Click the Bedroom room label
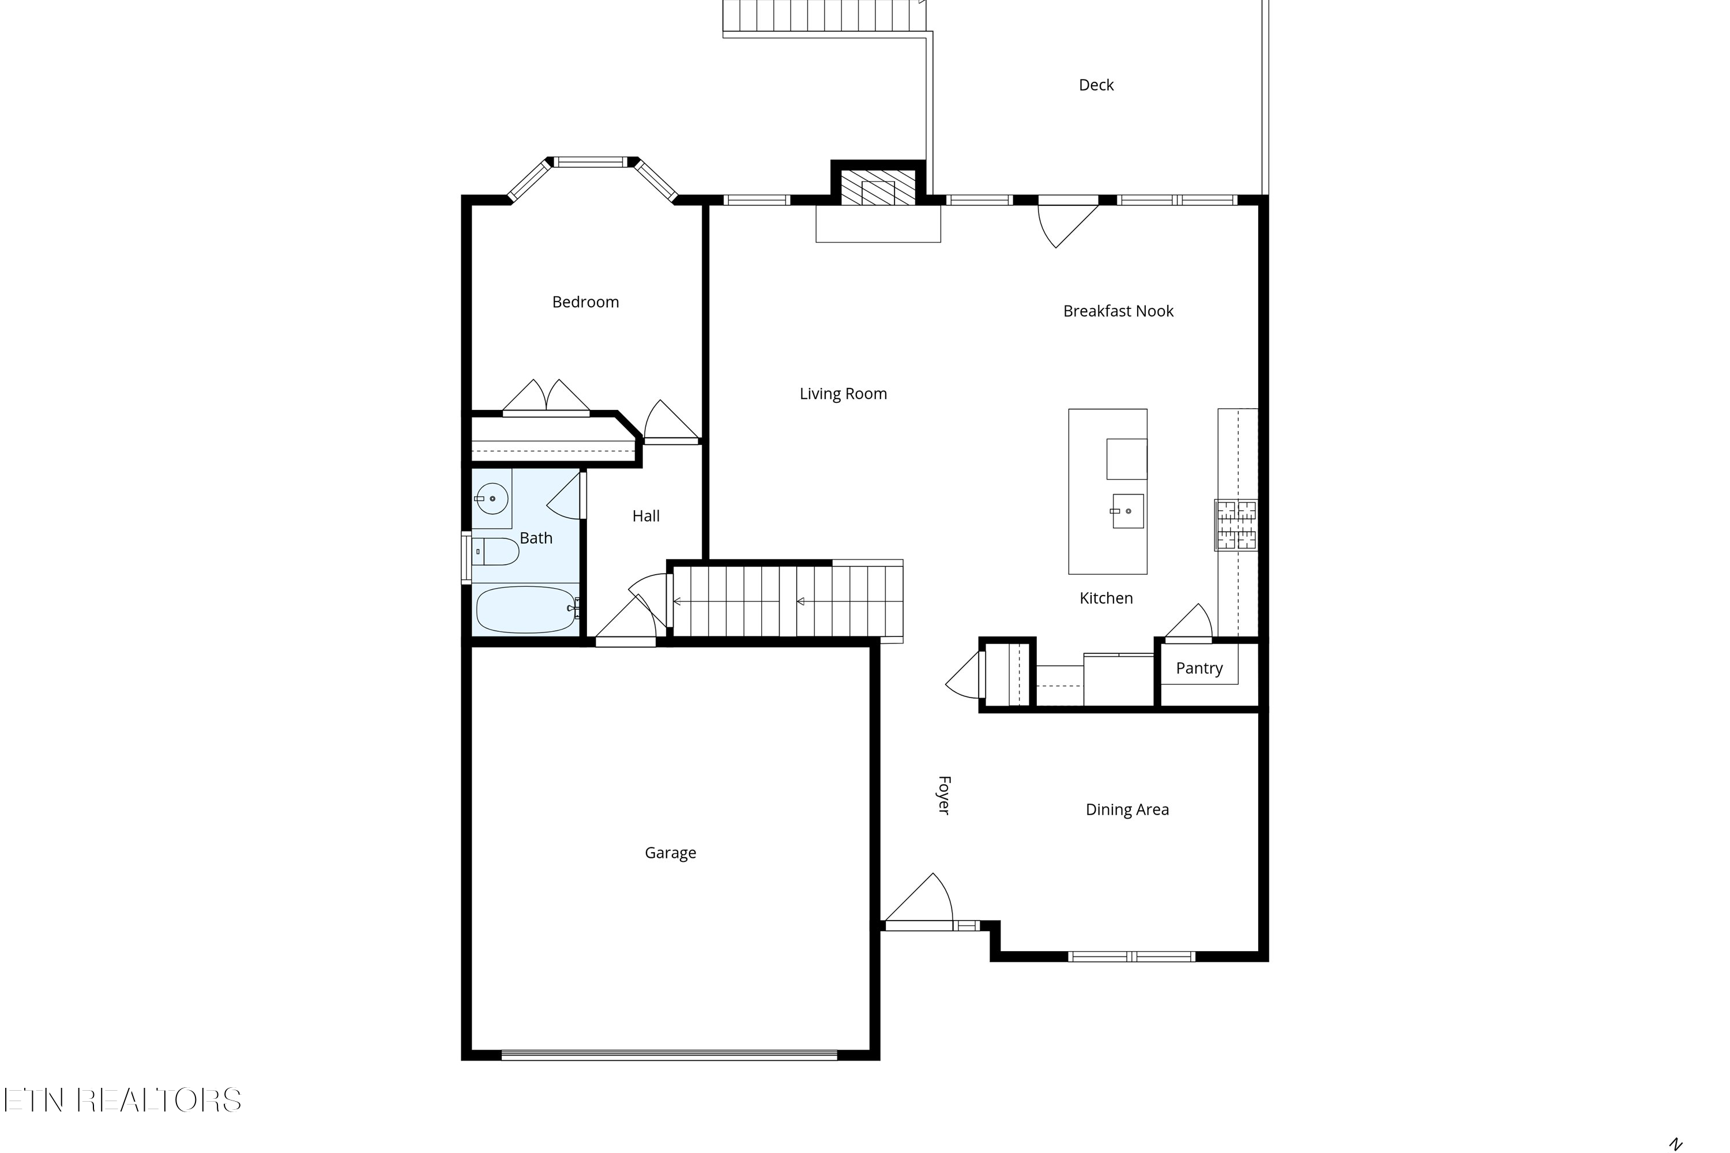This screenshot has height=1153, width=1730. (x=585, y=302)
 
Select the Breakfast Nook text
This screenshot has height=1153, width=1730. (x=1118, y=311)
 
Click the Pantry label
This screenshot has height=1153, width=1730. (x=1198, y=668)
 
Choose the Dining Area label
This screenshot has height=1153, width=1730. (x=1126, y=809)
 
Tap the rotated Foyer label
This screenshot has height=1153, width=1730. (x=943, y=795)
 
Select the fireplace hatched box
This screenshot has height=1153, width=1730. (x=878, y=189)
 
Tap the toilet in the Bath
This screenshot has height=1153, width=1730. (x=495, y=552)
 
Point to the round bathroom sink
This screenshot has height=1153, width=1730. (x=491, y=499)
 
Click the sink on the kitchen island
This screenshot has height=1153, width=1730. (x=1127, y=511)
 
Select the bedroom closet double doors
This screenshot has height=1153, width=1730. (x=546, y=397)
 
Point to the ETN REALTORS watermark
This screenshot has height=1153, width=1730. (x=122, y=1100)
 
